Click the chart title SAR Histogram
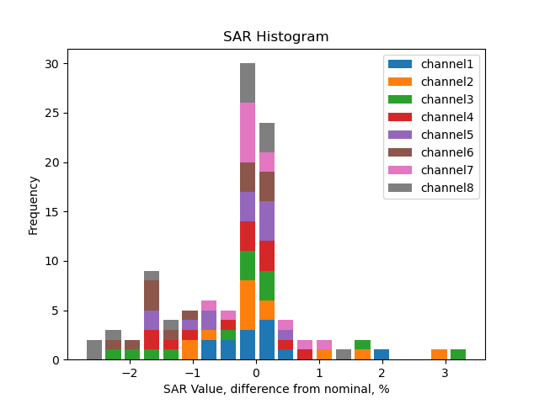click(x=275, y=37)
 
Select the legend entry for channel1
click(x=446, y=64)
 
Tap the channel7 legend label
click(x=446, y=170)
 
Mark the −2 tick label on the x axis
click(x=129, y=373)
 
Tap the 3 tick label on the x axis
click(x=445, y=373)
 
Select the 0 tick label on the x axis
click(x=256, y=373)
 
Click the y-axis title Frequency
click(x=34, y=205)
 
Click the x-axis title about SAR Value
click(x=275, y=389)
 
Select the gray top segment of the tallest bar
click(x=248, y=82)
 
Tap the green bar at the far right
click(x=457, y=354)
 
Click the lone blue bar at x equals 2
click(x=382, y=354)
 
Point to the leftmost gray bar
click(x=94, y=349)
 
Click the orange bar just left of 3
click(x=439, y=354)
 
